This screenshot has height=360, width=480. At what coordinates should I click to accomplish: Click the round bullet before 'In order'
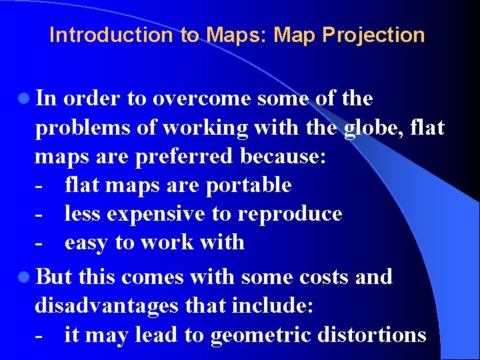tap(25, 99)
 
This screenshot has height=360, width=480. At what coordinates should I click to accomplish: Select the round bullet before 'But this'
tap(25, 277)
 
